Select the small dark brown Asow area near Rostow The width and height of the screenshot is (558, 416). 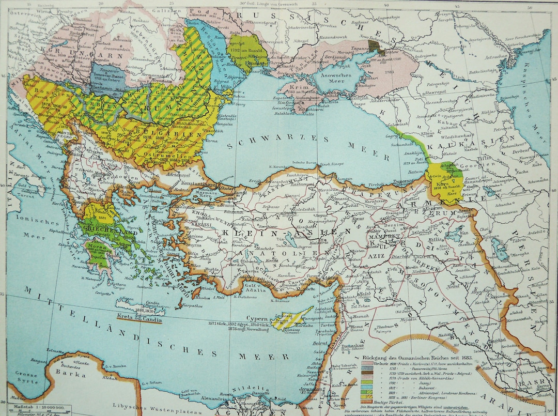pyautogui.click(x=381, y=50)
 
